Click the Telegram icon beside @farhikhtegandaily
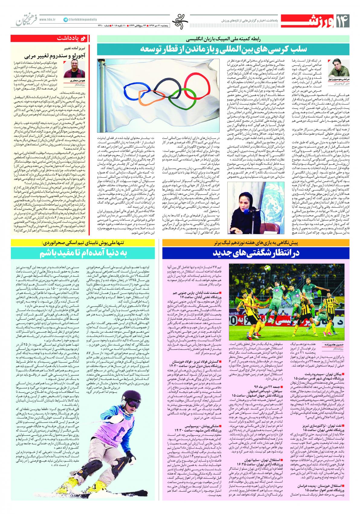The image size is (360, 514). pyautogui.click(x=65, y=19)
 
